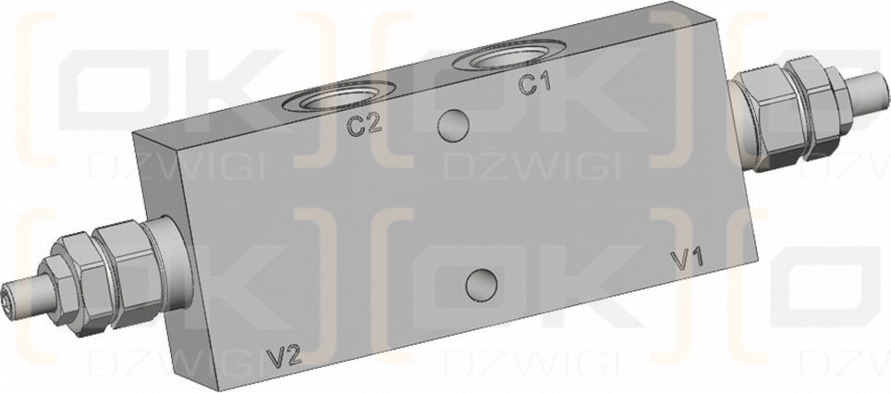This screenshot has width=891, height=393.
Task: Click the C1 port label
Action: point(535,84)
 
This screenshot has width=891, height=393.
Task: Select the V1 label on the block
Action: point(688,258)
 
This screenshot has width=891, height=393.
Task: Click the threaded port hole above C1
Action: point(509,56)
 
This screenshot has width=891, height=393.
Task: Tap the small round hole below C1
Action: point(454,126)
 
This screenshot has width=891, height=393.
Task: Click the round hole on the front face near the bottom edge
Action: point(482,285)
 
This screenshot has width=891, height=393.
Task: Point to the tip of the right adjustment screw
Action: point(882,91)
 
